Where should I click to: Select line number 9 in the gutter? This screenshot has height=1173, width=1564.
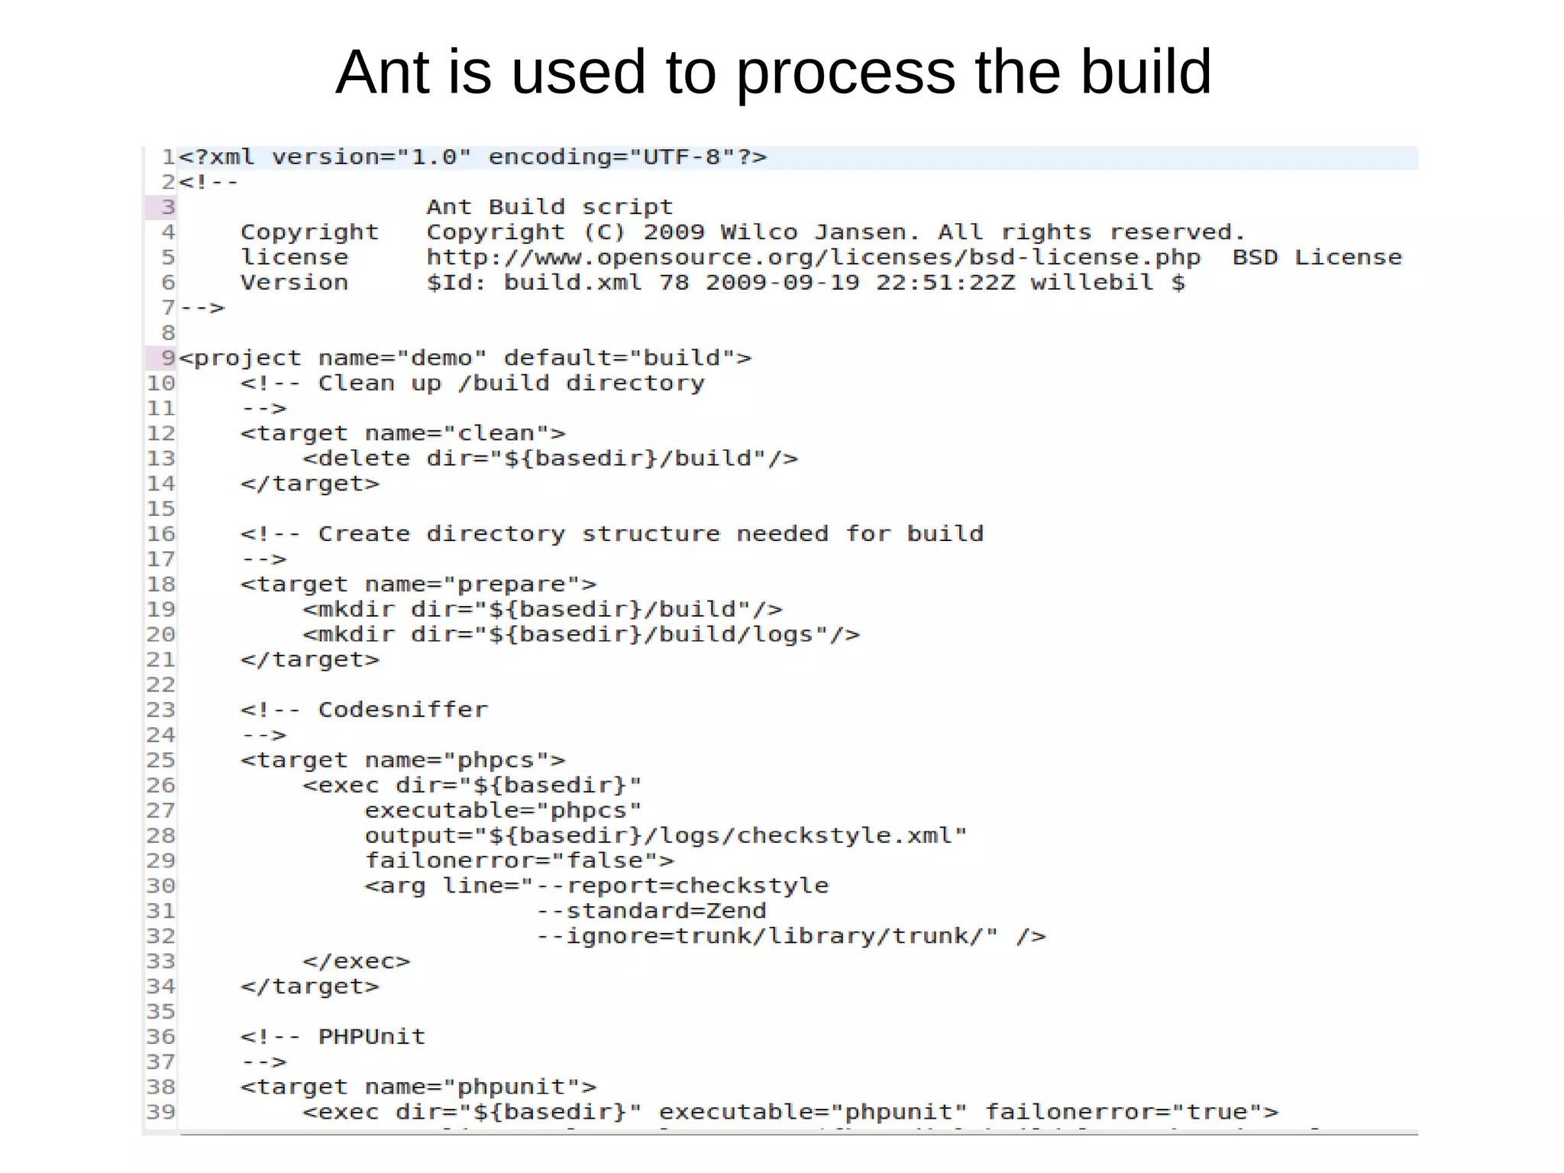point(167,358)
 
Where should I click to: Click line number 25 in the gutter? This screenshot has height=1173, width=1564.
point(160,760)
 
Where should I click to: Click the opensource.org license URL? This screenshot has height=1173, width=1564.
point(813,258)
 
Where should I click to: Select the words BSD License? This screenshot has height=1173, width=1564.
point(1317,258)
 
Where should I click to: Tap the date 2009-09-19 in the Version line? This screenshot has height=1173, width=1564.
point(782,283)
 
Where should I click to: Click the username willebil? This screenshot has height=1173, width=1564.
point(1091,283)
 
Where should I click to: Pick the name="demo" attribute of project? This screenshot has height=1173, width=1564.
point(402,358)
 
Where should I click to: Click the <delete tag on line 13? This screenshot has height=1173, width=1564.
point(356,459)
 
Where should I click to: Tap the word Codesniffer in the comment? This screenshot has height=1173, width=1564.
point(402,710)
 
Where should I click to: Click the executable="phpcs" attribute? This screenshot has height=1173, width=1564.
point(502,811)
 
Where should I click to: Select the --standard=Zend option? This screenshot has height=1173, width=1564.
point(651,911)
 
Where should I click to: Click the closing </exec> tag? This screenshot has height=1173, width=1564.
point(356,961)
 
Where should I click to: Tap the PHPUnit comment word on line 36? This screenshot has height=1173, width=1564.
point(371,1037)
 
